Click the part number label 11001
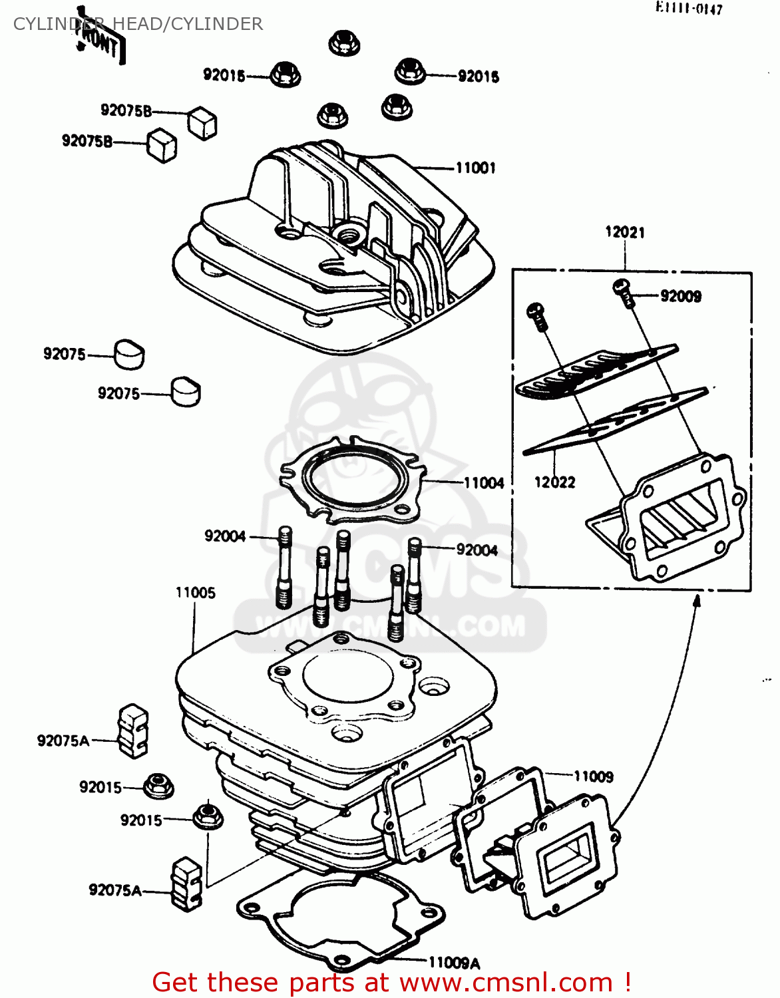475,168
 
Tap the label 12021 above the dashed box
624,232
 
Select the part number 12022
554,482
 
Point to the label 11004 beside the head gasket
484,483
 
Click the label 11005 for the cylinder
195,592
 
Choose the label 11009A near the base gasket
454,963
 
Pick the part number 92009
680,296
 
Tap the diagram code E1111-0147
688,9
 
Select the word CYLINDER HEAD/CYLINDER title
138,24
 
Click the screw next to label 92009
624,292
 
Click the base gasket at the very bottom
339,925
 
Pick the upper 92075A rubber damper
132,731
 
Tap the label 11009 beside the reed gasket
593,776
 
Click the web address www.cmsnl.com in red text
506,982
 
